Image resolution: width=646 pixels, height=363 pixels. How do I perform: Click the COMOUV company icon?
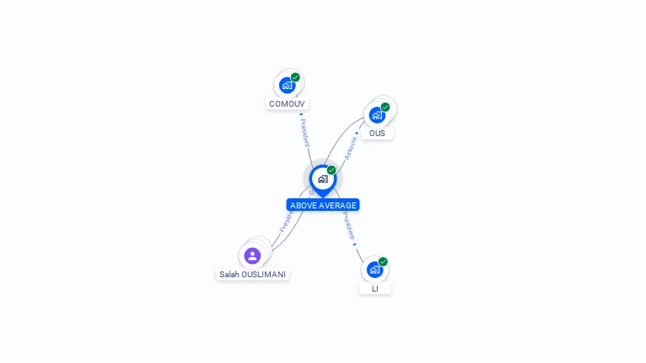288,85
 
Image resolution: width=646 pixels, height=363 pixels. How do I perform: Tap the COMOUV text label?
288,104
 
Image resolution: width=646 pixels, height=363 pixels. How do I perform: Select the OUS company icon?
377,114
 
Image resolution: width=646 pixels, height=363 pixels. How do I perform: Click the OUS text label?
377,133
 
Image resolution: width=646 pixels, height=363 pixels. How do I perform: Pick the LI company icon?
374,270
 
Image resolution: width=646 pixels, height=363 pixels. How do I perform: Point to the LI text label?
375,288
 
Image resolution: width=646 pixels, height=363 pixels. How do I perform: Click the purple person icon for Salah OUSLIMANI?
252,255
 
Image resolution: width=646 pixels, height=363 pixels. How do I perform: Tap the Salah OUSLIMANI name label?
252,274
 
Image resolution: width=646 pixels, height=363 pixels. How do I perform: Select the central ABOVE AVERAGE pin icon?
322,178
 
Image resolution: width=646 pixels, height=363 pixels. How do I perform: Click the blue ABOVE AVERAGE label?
323,205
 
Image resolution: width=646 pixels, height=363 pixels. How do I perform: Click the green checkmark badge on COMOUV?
295,77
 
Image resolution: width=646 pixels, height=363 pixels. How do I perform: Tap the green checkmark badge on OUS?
385,107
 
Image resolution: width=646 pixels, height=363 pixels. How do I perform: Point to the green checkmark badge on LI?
383,261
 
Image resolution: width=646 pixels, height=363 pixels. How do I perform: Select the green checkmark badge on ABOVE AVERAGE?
331,170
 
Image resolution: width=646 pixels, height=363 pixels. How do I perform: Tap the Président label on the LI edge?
348,225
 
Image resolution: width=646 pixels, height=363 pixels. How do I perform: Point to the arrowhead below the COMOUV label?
301,113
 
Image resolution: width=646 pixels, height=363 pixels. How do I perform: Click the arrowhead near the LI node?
355,245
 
